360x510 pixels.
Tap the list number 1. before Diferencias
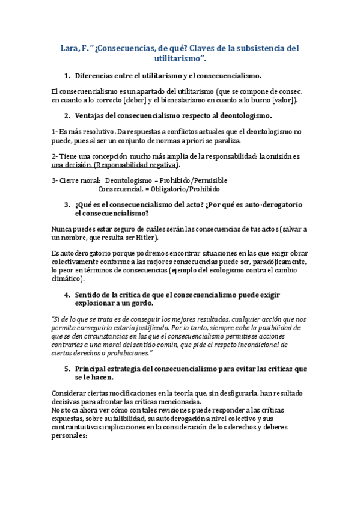67,76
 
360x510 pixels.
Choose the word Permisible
203,180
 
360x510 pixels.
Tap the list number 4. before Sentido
67,295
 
